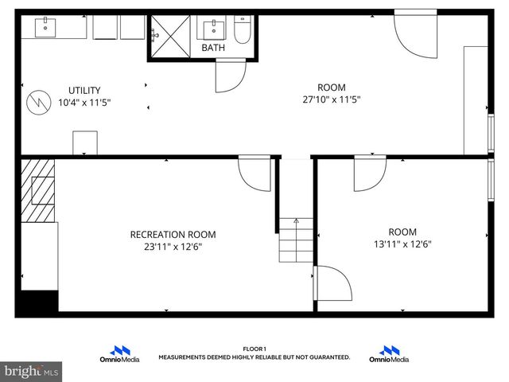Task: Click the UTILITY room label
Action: tap(84, 90)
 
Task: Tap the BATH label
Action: tap(213, 48)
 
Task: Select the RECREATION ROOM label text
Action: tap(173, 234)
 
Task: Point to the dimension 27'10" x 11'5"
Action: tap(332, 100)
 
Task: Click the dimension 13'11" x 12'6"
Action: tap(402, 244)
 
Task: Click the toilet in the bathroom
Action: tap(244, 31)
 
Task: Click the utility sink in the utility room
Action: tap(47, 28)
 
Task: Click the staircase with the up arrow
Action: tap(294, 240)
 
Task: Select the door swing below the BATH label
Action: tap(231, 76)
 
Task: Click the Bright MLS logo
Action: tap(31, 372)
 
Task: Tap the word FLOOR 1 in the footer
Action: tap(254, 349)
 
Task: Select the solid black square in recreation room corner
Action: tap(38, 302)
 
